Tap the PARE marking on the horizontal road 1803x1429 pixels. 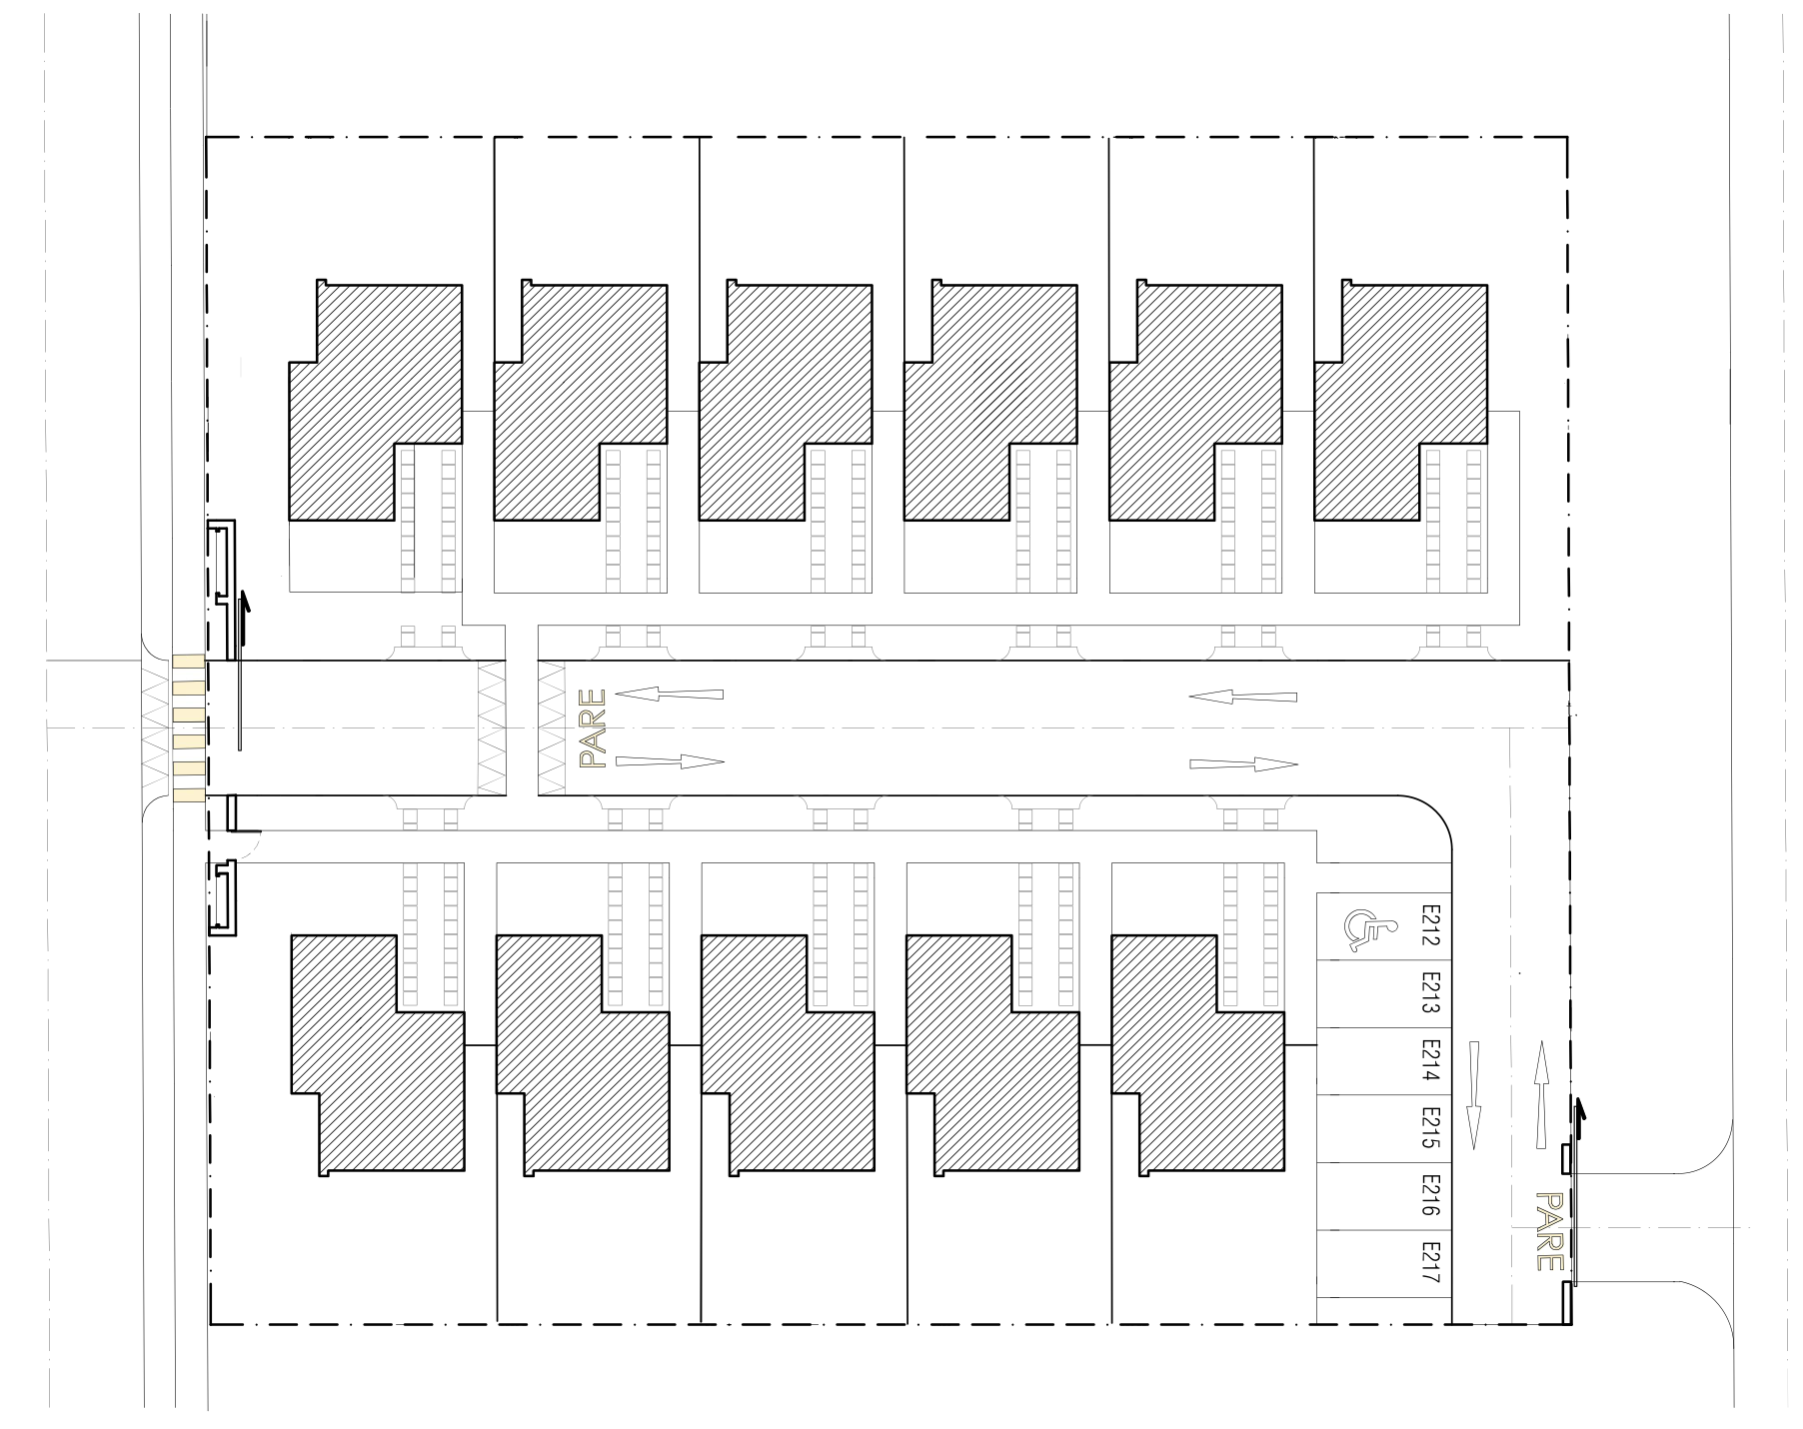(x=594, y=728)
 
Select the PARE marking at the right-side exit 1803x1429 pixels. (x=1548, y=1231)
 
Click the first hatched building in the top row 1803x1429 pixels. (x=376, y=400)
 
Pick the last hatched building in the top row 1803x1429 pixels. (x=1401, y=400)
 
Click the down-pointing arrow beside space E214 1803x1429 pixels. (x=1473, y=1095)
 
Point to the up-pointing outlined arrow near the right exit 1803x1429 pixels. (x=1542, y=1095)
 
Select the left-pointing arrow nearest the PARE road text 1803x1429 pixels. (x=669, y=694)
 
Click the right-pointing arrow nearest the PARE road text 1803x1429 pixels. (x=670, y=761)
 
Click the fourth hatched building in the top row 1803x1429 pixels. (x=991, y=400)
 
